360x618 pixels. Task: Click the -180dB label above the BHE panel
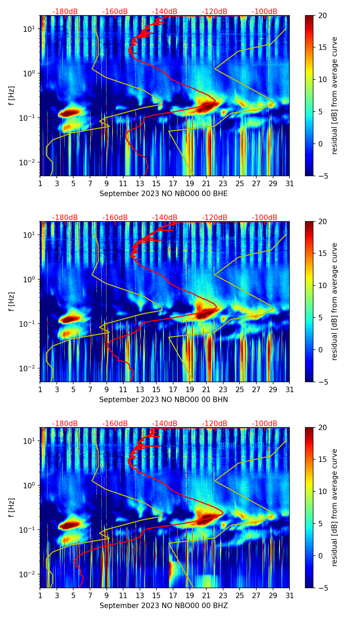click(x=65, y=12)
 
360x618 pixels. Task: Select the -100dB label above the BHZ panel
click(x=265, y=424)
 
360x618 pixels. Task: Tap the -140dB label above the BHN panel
click(x=165, y=218)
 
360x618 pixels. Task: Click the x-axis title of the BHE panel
click(x=164, y=194)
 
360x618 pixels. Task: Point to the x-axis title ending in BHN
click(x=164, y=400)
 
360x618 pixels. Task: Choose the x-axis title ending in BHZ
click(x=164, y=606)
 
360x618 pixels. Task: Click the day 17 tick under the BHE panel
click(x=173, y=183)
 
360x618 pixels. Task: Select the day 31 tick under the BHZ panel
click(x=290, y=595)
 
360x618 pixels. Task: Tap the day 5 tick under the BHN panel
click(x=73, y=389)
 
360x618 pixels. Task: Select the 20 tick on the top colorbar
click(x=322, y=15)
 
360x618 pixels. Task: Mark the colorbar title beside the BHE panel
click(x=334, y=95)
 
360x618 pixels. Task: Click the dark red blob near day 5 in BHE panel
click(x=70, y=112)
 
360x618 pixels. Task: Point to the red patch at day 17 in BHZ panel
click(x=171, y=569)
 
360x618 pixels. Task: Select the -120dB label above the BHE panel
click(x=215, y=12)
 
